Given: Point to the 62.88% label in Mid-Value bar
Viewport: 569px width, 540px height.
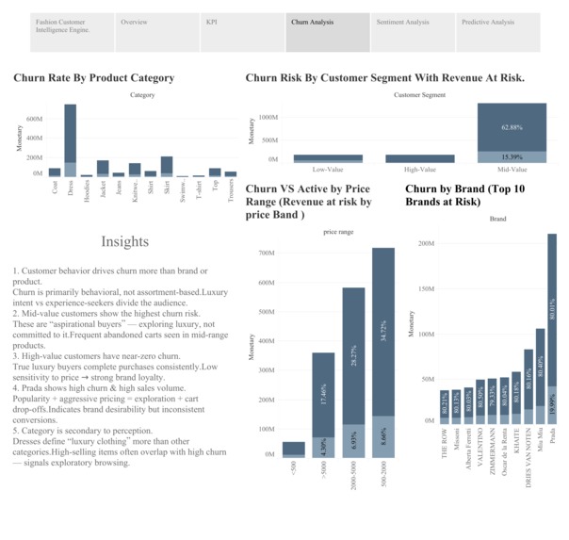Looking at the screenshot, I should tap(512, 127).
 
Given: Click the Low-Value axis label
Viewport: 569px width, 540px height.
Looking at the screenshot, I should tap(328, 169).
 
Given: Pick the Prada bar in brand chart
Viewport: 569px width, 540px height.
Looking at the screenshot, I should tap(552, 320).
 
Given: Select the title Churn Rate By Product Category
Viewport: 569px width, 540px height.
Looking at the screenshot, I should tap(93, 78).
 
